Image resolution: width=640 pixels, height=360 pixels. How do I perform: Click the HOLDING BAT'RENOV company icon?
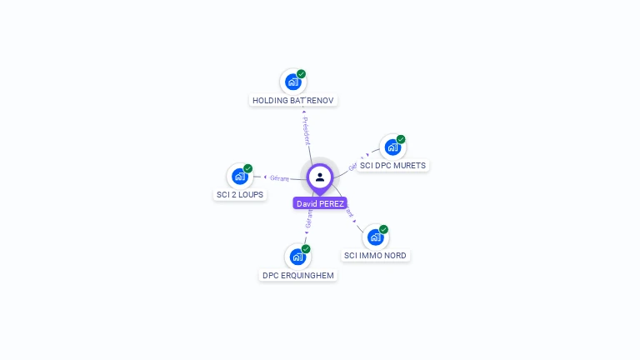(x=292, y=82)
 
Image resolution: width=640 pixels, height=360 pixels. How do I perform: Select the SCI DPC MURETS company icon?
(x=392, y=147)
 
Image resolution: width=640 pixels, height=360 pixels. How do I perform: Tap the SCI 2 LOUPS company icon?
(x=239, y=176)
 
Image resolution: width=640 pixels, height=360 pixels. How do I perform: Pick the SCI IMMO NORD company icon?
(x=375, y=237)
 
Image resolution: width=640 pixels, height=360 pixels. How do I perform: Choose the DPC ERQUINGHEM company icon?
(x=297, y=257)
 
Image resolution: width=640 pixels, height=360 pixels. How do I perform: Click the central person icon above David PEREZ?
(x=320, y=177)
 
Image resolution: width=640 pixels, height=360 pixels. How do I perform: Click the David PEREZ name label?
(x=320, y=203)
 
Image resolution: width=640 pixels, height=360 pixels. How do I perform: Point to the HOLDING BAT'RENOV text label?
(x=293, y=101)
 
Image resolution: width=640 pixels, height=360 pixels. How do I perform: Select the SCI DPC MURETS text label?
(x=392, y=166)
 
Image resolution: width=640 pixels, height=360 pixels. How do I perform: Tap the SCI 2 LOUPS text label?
(x=240, y=195)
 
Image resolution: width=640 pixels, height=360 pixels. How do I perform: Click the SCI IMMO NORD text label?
(x=376, y=256)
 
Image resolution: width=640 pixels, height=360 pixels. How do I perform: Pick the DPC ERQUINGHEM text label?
(x=298, y=276)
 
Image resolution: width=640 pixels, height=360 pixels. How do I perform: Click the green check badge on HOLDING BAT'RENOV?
(x=302, y=74)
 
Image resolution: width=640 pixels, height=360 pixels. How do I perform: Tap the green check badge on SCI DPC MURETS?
(x=401, y=139)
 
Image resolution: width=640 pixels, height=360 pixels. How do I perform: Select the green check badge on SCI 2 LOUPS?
(x=248, y=168)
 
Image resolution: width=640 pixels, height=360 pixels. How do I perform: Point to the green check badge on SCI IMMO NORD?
(x=384, y=229)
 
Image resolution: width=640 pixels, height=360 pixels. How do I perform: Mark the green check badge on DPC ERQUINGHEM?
(x=307, y=249)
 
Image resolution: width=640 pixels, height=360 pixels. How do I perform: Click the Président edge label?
(x=306, y=131)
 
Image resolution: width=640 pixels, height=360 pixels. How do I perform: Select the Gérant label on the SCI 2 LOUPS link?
(x=279, y=177)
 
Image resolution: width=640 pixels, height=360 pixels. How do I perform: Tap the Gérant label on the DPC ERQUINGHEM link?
(x=309, y=219)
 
